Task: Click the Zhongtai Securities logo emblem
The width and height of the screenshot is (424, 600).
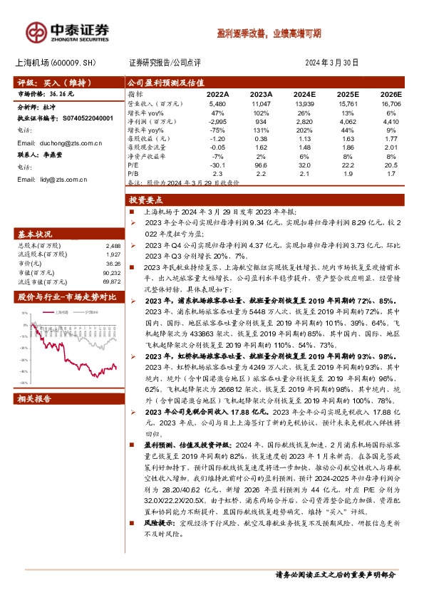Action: [36, 31]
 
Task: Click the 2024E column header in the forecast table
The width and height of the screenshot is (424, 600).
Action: [304, 93]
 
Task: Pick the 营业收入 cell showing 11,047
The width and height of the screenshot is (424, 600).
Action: [262, 103]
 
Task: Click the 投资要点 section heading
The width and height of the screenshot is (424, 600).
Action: [146, 201]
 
